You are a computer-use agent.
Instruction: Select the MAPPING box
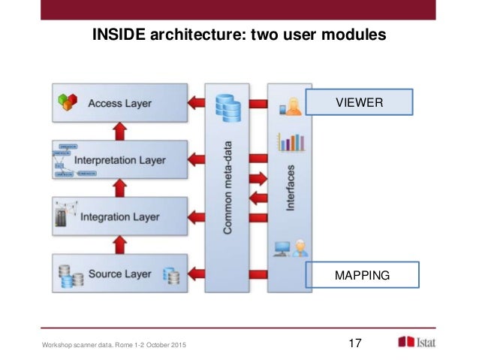[x=363, y=275]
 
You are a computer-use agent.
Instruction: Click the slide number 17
[x=356, y=343]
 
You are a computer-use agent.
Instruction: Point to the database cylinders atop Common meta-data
[x=227, y=109]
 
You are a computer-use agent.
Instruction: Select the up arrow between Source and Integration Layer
[x=119, y=245]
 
